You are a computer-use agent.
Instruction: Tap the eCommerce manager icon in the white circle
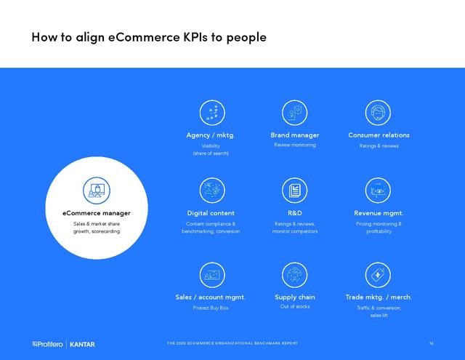[97, 191]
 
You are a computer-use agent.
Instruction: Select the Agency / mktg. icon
[212, 113]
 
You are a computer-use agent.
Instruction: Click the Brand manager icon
[294, 113]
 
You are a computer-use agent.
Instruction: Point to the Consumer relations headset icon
[378, 113]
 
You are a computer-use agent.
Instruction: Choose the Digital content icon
[212, 191]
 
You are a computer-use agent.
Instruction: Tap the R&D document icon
[294, 191]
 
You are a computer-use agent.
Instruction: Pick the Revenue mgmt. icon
[378, 191]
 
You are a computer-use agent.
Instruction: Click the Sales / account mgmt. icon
[212, 275]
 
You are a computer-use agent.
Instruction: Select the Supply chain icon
[294, 275]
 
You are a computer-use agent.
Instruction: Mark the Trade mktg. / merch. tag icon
[378, 275]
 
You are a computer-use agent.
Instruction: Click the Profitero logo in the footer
[47, 344]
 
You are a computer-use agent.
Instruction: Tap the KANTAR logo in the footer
[82, 344]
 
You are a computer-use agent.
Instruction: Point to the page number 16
[431, 343]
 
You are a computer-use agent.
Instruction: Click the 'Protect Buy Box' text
[211, 308]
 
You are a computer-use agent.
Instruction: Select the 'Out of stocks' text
[295, 306]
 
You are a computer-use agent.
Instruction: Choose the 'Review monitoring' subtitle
[295, 145]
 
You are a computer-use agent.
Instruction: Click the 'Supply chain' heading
[295, 297]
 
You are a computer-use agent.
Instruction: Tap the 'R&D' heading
[295, 213]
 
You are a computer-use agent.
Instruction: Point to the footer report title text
[232, 343]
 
